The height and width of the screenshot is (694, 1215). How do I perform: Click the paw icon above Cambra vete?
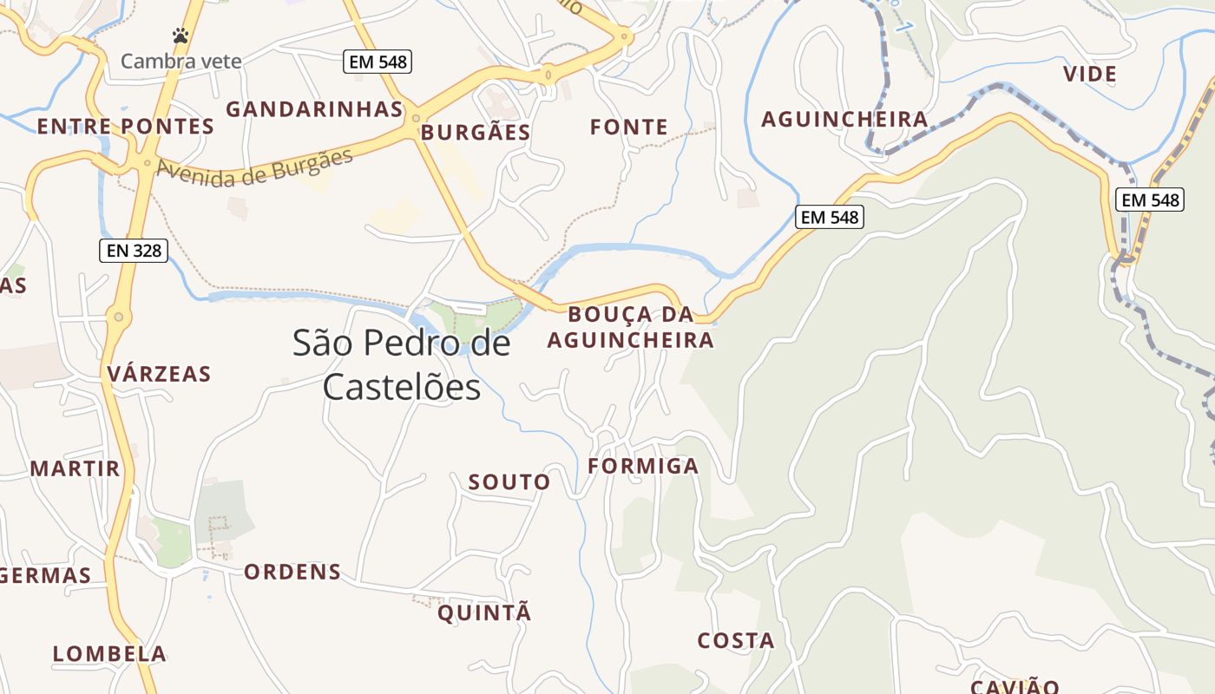181,36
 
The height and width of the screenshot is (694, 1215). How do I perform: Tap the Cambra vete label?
181,62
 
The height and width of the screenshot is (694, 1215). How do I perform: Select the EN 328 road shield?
133,251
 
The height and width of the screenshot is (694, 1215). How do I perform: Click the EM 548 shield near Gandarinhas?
377,62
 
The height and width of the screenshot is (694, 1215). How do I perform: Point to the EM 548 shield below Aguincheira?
830,217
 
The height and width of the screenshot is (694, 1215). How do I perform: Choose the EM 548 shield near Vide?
1151,200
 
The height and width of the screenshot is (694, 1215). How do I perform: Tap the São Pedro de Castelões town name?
401,364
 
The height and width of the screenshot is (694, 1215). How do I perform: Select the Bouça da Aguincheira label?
630,327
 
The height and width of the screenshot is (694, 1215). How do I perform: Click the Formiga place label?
643,466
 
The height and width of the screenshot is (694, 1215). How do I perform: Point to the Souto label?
509,482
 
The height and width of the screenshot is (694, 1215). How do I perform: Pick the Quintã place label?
484,613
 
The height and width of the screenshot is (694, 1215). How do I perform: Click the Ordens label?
292,573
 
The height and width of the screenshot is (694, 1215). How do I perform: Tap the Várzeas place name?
159,374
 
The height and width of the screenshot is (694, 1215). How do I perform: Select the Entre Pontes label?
125,127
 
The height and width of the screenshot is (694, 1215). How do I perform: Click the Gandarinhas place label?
314,109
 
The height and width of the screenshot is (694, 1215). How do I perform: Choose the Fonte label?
629,128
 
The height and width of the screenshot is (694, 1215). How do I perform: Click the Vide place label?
1090,75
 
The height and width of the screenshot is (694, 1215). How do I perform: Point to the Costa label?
736,641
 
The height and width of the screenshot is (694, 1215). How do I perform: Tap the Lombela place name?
109,654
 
